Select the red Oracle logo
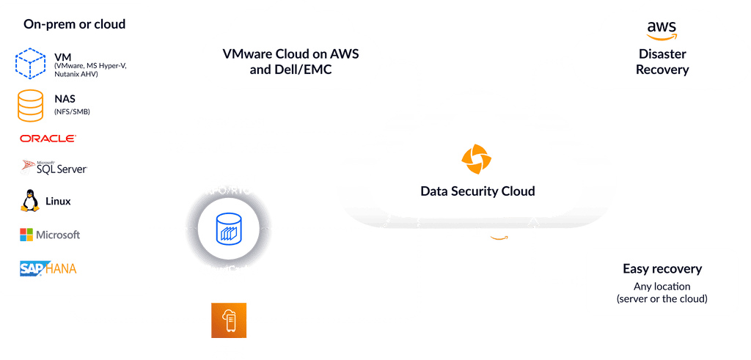[48, 139]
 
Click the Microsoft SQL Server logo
[54, 167]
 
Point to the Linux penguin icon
[31, 200]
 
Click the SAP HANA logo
[48, 268]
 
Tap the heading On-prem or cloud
[74, 24]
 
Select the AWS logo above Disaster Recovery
[662, 29]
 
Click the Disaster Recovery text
[662, 62]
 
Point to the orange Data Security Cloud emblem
[477, 161]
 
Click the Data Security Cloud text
[477, 191]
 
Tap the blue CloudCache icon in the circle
[229, 229]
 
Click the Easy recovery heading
[662, 268]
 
